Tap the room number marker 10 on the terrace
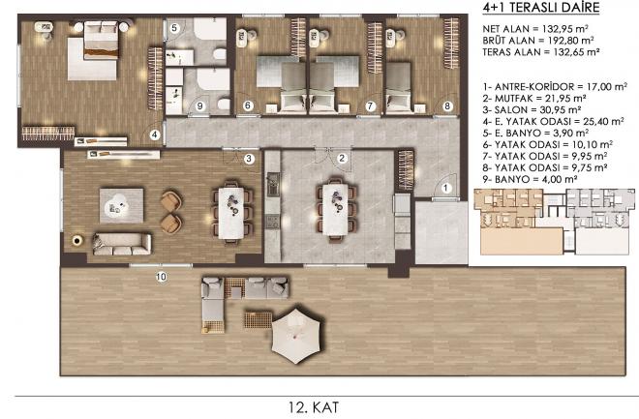(161, 277)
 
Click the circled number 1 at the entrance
(445, 186)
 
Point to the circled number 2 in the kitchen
(341, 158)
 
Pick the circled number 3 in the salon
(249, 158)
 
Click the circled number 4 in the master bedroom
(154, 135)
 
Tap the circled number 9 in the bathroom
(200, 105)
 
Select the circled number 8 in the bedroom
(447, 105)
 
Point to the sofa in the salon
(121, 244)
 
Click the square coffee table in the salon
(123, 203)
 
